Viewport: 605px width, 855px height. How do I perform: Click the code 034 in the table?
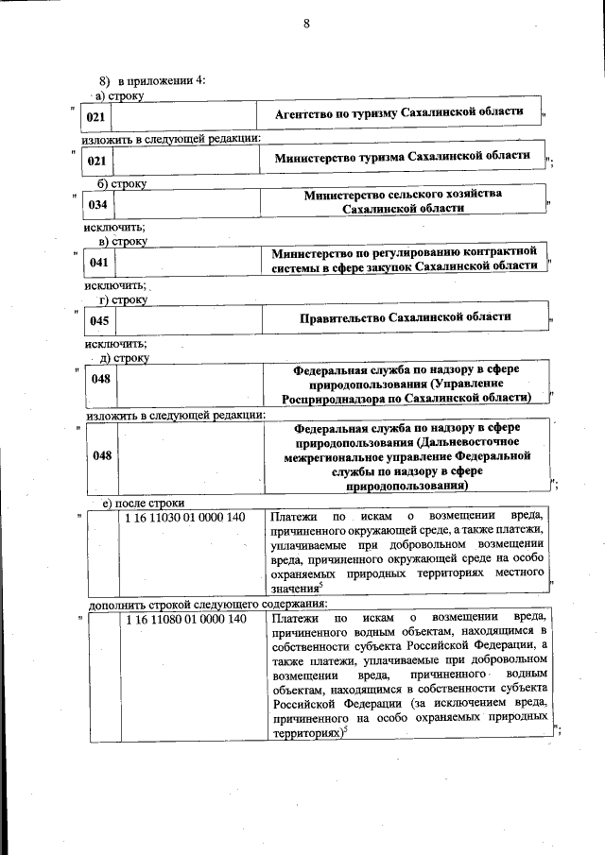[97, 204]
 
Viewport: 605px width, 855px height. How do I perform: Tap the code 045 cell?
[98, 322]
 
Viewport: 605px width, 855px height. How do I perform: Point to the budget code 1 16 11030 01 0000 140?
[184, 517]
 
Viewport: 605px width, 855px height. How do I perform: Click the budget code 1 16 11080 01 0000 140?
[184, 620]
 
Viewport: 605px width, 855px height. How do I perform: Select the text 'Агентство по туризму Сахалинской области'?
[398, 112]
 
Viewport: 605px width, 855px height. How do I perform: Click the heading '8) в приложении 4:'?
[152, 80]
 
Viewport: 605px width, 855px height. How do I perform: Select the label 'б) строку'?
[122, 182]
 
